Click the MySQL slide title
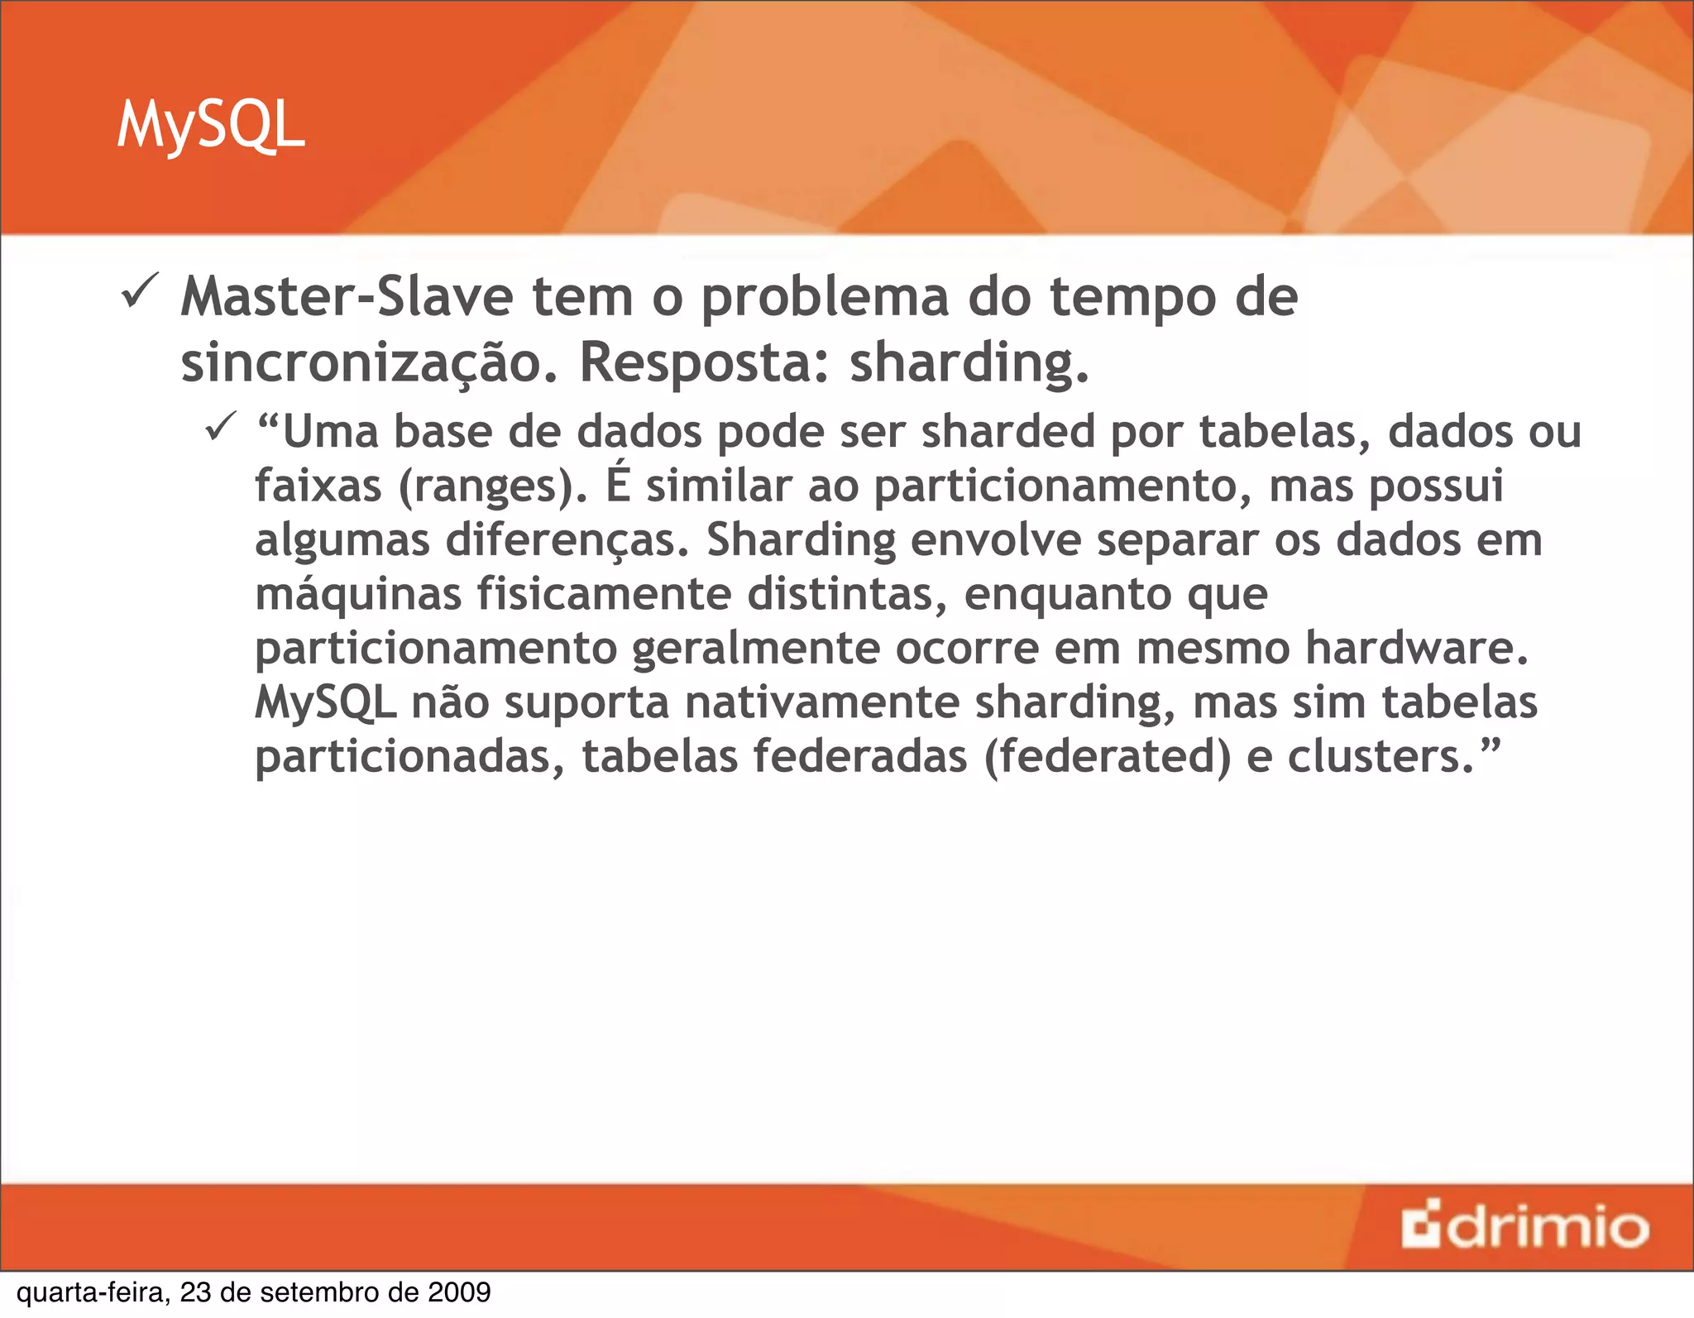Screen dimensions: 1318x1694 pos(211,126)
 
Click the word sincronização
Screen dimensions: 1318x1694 pos(369,364)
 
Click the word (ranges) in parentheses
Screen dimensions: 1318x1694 pos(493,486)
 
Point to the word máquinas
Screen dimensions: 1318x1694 pos(358,595)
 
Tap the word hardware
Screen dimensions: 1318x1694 pos(1416,648)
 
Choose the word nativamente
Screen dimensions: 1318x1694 pos(821,702)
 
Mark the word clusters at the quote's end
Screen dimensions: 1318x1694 pos(1381,756)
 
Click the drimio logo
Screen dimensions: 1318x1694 pos(1524,1227)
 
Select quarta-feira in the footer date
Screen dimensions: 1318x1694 pos(93,1292)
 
